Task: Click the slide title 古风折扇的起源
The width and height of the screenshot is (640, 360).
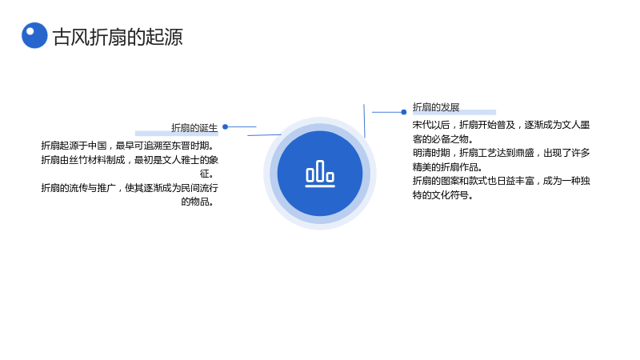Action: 118,37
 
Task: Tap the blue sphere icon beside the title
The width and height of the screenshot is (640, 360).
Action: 34,35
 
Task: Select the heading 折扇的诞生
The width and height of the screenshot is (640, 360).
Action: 194,128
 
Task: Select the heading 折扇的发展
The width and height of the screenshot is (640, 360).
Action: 436,107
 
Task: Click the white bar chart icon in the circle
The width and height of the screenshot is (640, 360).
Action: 320,174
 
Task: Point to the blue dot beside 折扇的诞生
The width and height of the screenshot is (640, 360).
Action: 225,127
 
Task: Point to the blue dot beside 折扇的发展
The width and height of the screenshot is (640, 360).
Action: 404,112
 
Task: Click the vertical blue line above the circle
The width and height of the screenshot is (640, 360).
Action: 364,121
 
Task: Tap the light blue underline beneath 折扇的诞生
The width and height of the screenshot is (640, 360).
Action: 177,134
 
